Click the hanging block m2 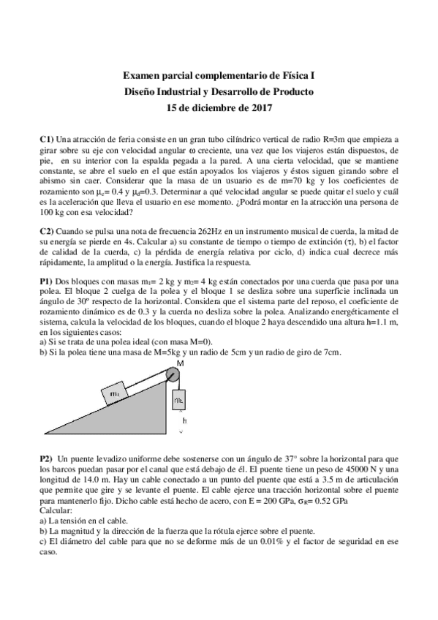coord(179,401)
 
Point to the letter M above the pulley coord(180,363)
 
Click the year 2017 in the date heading coord(261,109)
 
